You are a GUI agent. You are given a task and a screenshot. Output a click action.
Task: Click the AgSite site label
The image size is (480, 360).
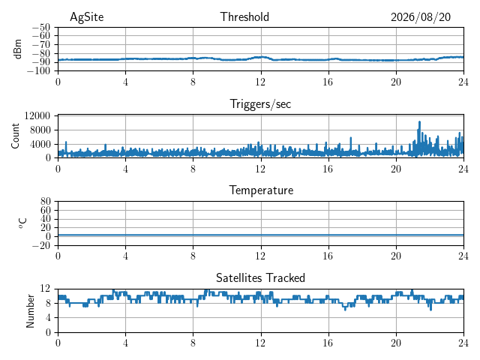click(87, 17)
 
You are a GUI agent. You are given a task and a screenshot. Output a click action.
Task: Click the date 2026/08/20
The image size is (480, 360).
click(421, 17)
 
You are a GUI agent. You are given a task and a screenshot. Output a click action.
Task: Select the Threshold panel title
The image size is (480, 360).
click(244, 16)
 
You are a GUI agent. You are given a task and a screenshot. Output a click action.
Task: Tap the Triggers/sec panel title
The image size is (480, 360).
click(260, 104)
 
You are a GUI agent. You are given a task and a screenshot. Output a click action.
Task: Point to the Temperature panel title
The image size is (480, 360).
click(261, 190)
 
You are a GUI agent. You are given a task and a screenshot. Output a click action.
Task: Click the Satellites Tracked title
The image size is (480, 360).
click(260, 278)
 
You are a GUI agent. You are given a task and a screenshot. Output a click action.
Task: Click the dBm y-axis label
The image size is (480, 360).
click(18, 49)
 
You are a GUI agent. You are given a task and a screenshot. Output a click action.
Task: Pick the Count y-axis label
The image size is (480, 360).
click(15, 136)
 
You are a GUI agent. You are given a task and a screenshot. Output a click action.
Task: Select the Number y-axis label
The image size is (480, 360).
click(30, 311)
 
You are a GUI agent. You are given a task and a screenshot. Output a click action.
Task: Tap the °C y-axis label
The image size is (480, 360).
click(23, 223)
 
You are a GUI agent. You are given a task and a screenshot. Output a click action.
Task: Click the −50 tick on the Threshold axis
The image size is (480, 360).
click(41, 28)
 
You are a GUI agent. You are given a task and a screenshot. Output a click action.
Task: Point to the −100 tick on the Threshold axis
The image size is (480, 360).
click(38, 71)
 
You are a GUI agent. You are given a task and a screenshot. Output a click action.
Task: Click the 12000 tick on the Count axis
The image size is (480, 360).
click(37, 115)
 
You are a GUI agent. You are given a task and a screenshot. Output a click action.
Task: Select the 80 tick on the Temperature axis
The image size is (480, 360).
click(45, 202)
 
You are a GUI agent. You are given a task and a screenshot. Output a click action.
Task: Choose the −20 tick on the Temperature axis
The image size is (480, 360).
click(41, 245)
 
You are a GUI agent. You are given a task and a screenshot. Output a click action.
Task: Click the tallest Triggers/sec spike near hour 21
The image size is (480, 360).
click(419, 122)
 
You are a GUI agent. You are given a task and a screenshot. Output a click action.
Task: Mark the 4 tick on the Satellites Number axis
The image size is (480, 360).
click(48, 318)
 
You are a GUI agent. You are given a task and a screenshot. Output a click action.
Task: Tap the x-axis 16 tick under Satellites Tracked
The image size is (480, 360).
click(328, 343)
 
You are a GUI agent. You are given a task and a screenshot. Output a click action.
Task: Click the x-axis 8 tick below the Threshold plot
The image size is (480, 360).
click(193, 82)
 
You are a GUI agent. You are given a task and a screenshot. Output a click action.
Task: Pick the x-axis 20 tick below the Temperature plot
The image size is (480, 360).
click(396, 256)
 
